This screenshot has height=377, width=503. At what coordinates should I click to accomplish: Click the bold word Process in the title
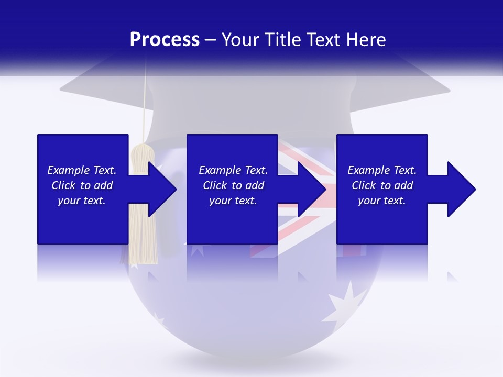pos(165,40)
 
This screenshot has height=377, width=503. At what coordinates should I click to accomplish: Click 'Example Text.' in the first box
pos(82,170)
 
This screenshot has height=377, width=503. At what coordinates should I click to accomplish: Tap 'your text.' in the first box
pos(82,201)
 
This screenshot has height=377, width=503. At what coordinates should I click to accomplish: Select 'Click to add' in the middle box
pos(233,185)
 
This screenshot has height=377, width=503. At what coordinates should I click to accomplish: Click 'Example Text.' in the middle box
pos(233,170)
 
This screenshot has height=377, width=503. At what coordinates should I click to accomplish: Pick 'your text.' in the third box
pos(382,201)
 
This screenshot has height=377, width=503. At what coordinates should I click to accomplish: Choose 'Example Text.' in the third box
pos(382,170)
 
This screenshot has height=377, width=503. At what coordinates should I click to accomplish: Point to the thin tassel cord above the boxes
pos(146,105)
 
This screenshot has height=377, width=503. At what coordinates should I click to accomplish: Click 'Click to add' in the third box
pos(382,185)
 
